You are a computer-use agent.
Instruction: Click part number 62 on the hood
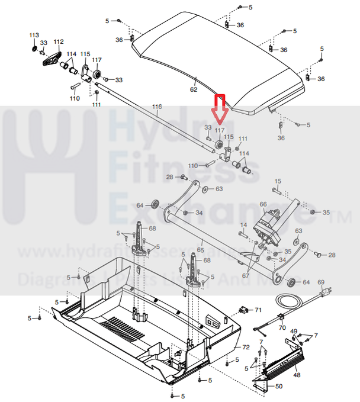(x=193, y=89)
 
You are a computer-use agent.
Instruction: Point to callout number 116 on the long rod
(x=156, y=107)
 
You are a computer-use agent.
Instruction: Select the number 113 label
(x=34, y=35)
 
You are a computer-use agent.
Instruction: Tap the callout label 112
(x=58, y=41)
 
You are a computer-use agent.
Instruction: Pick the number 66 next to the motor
(x=263, y=204)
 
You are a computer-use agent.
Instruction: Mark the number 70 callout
(x=282, y=327)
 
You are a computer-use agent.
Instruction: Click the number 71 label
(x=258, y=310)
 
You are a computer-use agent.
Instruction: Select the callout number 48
(x=297, y=375)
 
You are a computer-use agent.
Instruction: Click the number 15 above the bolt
(x=278, y=181)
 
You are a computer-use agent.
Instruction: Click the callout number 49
(x=294, y=331)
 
